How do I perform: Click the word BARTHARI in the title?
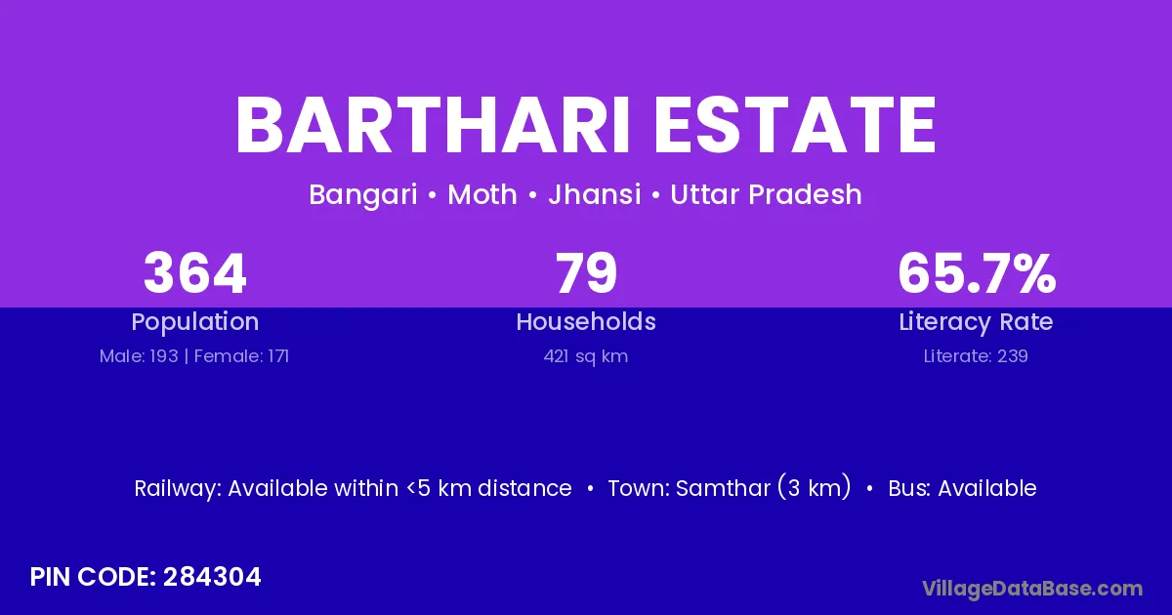pyautogui.click(x=433, y=126)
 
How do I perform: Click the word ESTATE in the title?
pyautogui.click(x=795, y=126)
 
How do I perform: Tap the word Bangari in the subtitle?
pyautogui.click(x=363, y=195)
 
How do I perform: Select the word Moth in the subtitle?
pyautogui.click(x=482, y=194)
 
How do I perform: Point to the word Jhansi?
pyautogui.click(x=595, y=194)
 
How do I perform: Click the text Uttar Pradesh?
pyautogui.click(x=766, y=194)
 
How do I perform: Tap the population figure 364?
pyautogui.click(x=194, y=273)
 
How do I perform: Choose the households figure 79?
pyautogui.click(x=586, y=273)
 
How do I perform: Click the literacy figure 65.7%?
pyautogui.click(x=977, y=273)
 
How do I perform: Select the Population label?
pyautogui.click(x=195, y=322)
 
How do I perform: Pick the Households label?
pyautogui.click(x=586, y=321)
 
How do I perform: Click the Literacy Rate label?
pyautogui.click(x=976, y=322)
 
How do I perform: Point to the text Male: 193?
pyautogui.click(x=139, y=356)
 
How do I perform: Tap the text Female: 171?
pyautogui.click(x=241, y=356)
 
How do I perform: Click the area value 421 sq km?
pyautogui.click(x=586, y=357)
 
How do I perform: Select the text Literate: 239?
pyautogui.click(x=976, y=356)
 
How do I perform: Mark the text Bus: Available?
pyautogui.click(x=962, y=488)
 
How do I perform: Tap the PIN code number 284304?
pyautogui.click(x=212, y=577)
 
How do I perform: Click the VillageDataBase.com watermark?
pyautogui.click(x=1032, y=589)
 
